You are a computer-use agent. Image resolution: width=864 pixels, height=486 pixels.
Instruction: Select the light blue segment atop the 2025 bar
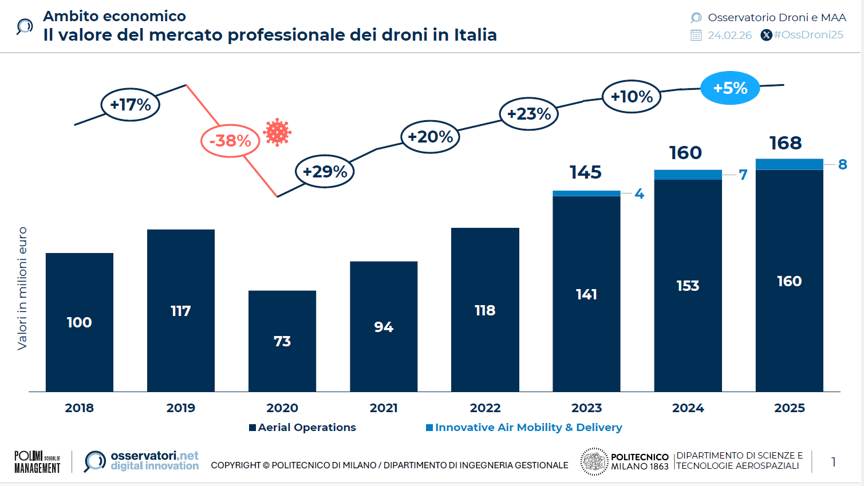(x=789, y=164)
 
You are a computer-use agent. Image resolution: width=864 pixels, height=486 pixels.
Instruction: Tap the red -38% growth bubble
(x=230, y=141)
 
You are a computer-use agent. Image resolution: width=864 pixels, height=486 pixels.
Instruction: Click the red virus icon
(x=277, y=133)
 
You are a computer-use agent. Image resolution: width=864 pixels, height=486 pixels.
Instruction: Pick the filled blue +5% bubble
(x=730, y=88)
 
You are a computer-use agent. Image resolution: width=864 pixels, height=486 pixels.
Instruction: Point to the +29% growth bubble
(x=325, y=171)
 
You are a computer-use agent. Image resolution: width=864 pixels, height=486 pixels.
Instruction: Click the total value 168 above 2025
(x=785, y=143)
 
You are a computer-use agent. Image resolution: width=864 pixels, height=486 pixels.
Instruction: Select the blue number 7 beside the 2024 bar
(x=743, y=175)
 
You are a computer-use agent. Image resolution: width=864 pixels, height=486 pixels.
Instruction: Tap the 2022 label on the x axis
(x=485, y=408)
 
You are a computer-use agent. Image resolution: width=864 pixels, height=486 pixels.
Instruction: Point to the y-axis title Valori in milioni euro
(x=22, y=288)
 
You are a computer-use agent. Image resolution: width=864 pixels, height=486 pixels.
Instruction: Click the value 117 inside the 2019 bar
(x=180, y=311)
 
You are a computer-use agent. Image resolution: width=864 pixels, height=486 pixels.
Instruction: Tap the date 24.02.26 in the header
(x=729, y=35)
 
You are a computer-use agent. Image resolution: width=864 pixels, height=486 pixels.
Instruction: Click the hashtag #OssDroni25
(x=808, y=35)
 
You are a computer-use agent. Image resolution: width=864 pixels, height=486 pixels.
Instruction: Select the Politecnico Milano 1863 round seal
(x=594, y=461)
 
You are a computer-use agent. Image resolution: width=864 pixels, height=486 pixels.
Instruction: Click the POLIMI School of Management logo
(x=37, y=461)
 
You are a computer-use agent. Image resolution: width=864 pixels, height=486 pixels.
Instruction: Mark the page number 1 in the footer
(x=833, y=461)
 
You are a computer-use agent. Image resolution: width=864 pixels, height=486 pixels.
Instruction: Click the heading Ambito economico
(x=115, y=16)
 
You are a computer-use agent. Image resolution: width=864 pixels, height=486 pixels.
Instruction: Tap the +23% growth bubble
(x=528, y=114)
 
